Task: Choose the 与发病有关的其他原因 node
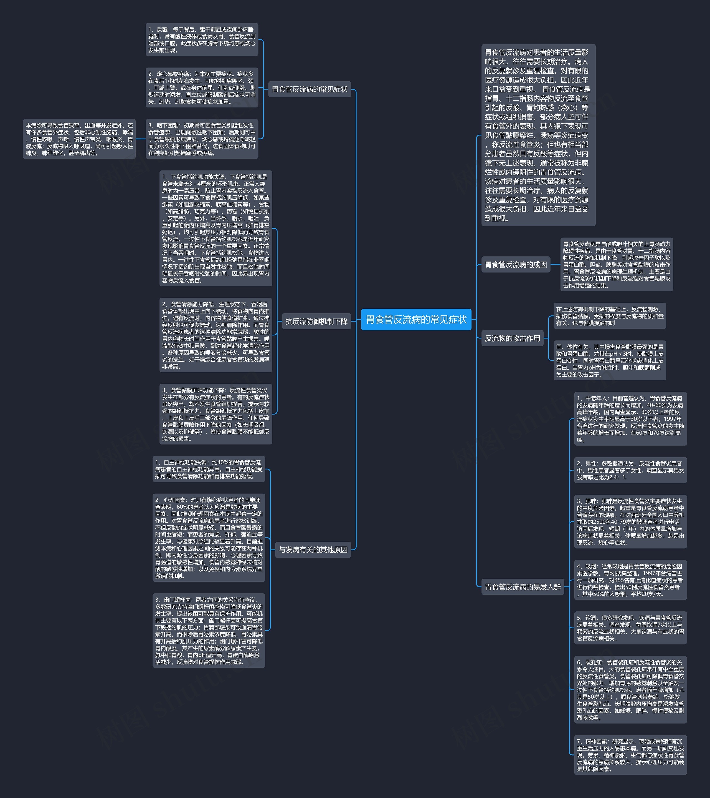pos(313,549)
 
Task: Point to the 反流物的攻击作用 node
pos(512,338)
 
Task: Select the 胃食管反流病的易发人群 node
pos(523,587)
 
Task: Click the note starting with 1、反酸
pos(202,39)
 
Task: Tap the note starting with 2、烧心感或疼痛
pos(202,87)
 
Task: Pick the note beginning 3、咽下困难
pos(202,139)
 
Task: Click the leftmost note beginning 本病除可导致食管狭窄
pos(79,139)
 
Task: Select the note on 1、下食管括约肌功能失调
pos(216,229)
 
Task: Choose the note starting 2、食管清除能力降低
pos(216,335)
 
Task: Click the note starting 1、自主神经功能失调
pos(209,469)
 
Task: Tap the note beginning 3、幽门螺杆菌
pos(209,631)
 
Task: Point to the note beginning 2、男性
pos(630,470)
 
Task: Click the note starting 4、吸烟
pos(630,580)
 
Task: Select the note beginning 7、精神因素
pos(630,755)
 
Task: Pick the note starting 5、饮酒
pos(630,628)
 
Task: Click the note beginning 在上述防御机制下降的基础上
pos(609,316)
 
